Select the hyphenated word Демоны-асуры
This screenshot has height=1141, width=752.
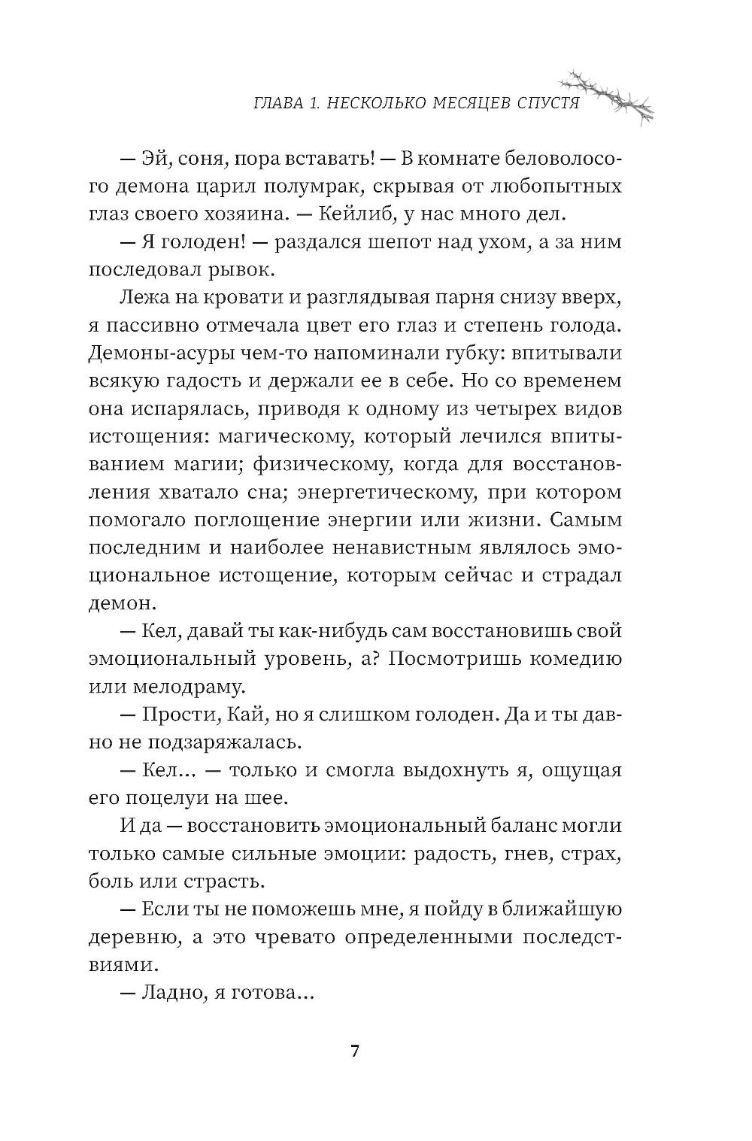tap(163, 353)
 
